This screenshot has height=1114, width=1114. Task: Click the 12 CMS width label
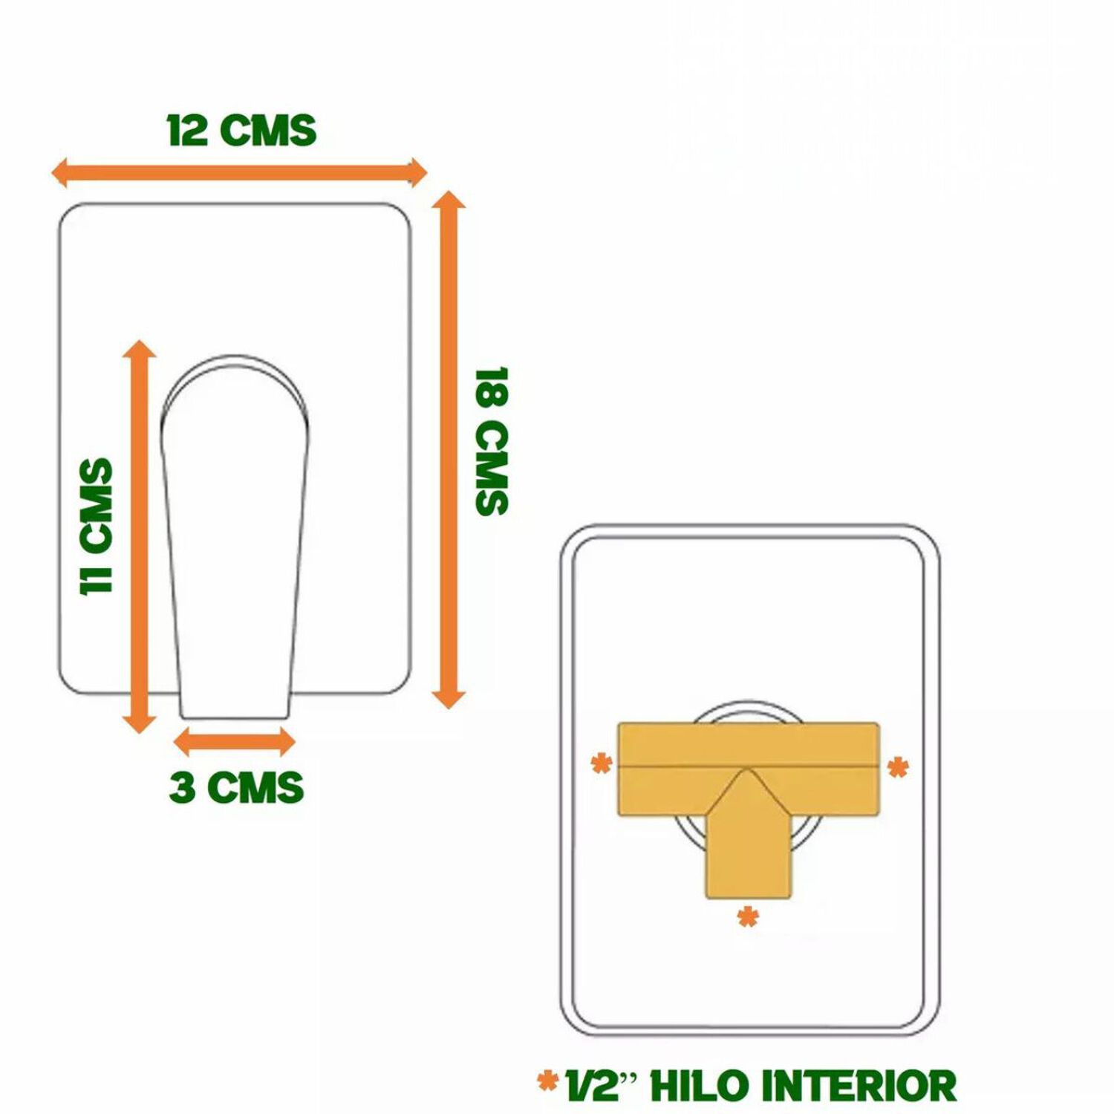242,131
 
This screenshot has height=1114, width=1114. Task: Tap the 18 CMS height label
491,441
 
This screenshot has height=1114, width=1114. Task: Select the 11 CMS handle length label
97,526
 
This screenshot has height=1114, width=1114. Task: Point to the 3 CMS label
237,788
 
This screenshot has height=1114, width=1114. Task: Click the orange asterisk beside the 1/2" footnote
548,1081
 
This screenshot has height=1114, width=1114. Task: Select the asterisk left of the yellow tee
602,763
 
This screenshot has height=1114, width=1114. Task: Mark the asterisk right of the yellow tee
899,766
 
